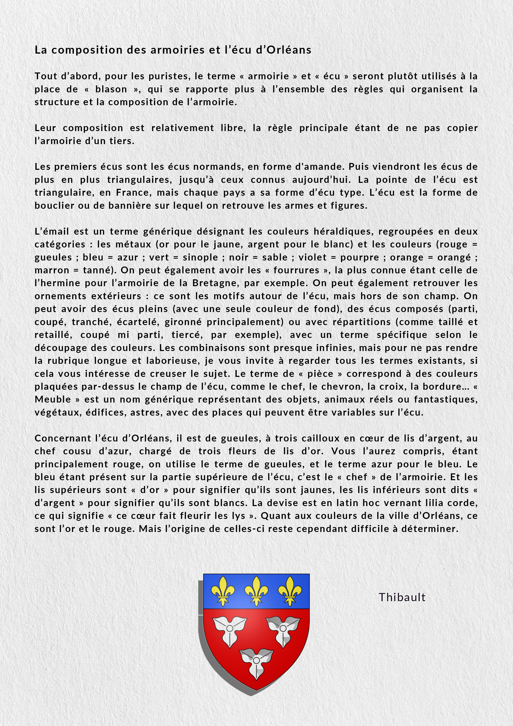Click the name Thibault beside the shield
click(402, 597)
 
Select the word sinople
click(200, 257)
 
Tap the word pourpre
click(359, 257)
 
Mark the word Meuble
click(53, 399)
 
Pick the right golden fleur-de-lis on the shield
click(290, 591)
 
